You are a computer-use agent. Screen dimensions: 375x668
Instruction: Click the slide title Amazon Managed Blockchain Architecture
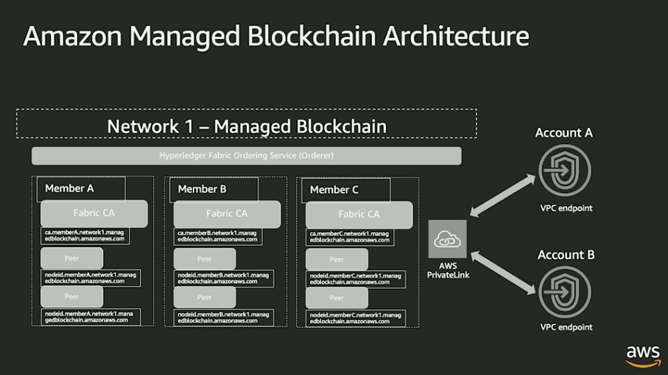(x=275, y=36)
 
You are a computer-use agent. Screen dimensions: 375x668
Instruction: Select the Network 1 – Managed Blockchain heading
(x=246, y=126)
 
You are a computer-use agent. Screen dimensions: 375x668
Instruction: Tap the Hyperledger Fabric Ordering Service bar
(x=246, y=156)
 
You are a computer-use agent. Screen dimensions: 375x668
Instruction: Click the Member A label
(x=70, y=188)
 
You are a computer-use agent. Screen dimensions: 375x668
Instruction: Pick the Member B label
(x=203, y=189)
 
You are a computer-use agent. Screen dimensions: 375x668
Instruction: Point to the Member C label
(x=334, y=190)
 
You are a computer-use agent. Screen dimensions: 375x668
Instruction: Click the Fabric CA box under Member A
(x=94, y=213)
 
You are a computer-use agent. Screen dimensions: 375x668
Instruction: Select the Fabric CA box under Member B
(x=227, y=214)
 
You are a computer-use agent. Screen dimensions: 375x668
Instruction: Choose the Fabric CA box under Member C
(x=359, y=215)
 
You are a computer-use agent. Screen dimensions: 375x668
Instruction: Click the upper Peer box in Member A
(x=71, y=259)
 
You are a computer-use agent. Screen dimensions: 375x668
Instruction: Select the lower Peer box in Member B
(x=205, y=297)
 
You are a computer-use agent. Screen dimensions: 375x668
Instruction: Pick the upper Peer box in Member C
(x=337, y=260)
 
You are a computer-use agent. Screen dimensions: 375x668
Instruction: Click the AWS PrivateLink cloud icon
(x=447, y=239)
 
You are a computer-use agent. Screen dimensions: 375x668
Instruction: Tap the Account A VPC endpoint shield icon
(x=565, y=171)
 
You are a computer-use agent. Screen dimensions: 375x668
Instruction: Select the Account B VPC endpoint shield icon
(x=565, y=292)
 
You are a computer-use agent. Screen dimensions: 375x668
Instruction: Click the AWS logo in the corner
(x=642, y=354)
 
